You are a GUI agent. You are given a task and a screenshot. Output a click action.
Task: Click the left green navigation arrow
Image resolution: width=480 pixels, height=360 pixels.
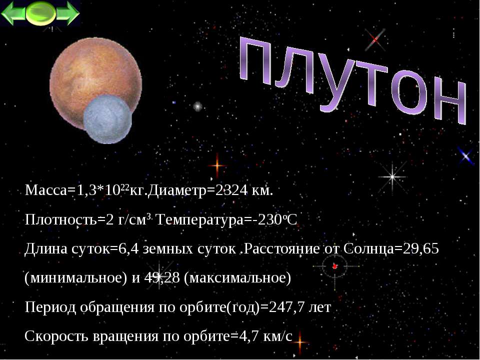pyautogui.click(x=13, y=13)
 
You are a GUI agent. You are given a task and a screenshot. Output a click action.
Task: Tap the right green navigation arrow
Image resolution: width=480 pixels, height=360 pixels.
pyautogui.click(x=68, y=13)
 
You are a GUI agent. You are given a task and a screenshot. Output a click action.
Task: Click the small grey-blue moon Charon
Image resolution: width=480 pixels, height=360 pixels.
pyautogui.click(x=107, y=119)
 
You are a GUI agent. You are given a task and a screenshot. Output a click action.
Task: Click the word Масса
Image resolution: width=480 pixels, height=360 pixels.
pyautogui.click(x=45, y=190)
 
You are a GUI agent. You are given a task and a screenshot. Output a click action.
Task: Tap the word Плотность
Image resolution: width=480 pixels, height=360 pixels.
pyautogui.click(x=60, y=219)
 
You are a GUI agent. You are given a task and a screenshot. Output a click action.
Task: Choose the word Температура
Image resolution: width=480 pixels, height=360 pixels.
pyautogui.click(x=199, y=219)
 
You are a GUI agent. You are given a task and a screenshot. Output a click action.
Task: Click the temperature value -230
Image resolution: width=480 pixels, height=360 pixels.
pyautogui.click(x=269, y=219)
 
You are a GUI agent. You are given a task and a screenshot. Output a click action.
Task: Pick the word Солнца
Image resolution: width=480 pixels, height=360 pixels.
pyautogui.click(x=368, y=248)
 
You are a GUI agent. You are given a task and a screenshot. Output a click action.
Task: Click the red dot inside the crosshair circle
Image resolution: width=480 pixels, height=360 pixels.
pyautogui.click(x=334, y=266)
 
